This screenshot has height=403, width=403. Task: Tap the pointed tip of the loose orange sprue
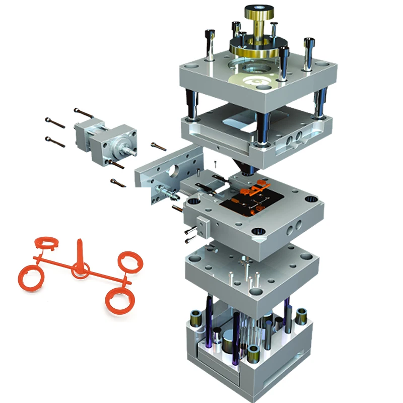tap(80, 241)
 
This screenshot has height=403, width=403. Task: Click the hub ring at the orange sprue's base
tap(80, 270)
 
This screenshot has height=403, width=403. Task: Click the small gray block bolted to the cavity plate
tap(203, 225)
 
